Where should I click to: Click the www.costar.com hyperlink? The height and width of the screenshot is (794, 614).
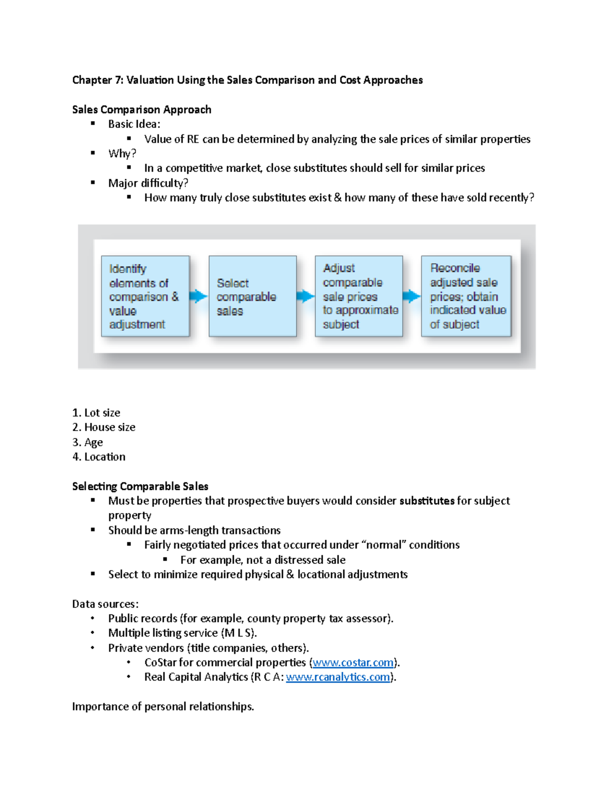pyautogui.click(x=353, y=663)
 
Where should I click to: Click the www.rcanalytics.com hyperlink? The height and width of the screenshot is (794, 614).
pyautogui.click(x=338, y=677)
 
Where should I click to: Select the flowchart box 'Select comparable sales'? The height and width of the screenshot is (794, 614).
pyautogui.click(x=252, y=297)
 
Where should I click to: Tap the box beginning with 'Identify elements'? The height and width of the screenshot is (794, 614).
pyautogui.click(x=145, y=297)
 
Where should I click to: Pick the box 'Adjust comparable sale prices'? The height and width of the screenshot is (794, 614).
pyautogui.click(x=359, y=297)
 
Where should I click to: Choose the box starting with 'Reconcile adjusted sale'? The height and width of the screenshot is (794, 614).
pyautogui.click(x=466, y=297)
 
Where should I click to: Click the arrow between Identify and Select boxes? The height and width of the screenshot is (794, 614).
pyautogui.click(x=199, y=296)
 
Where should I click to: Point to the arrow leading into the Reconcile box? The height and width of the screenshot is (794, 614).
pyautogui.click(x=411, y=296)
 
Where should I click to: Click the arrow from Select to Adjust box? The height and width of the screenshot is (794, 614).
pyautogui.click(x=305, y=296)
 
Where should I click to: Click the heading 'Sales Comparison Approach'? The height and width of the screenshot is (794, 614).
pyautogui.click(x=142, y=109)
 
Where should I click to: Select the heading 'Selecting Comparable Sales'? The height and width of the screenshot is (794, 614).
pyautogui.click(x=140, y=486)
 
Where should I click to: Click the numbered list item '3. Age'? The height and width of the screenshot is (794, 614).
pyautogui.click(x=87, y=442)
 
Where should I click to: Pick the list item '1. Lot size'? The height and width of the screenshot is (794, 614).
pyautogui.click(x=96, y=413)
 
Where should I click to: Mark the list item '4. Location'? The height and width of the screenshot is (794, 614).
pyautogui.click(x=99, y=457)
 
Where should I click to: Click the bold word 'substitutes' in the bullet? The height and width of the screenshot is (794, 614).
pyautogui.click(x=427, y=501)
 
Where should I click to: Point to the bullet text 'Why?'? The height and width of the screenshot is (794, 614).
pyautogui.click(x=122, y=153)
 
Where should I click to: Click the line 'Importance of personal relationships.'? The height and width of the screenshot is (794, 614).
pyautogui.click(x=163, y=707)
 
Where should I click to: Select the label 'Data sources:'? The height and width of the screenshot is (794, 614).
pyautogui.click(x=105, y=604)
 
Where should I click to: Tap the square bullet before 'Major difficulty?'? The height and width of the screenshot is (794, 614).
pyautogui.click(x=93, y=183)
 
